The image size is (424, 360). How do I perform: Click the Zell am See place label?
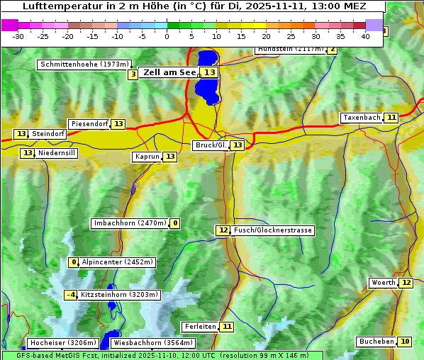[169, 72]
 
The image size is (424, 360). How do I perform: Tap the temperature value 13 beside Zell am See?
[210, 72]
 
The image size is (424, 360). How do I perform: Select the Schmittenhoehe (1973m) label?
[84, 64]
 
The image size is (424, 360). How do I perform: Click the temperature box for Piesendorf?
[118, 124]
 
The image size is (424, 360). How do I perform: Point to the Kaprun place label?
[147, 157]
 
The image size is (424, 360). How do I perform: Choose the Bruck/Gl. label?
[211, 145]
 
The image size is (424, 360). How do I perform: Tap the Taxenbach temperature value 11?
[391, 117]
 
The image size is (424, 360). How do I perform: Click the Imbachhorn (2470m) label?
[130, 223]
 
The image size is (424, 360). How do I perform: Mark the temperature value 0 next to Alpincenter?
[73, 262]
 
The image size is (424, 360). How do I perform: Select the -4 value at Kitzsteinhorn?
[70, 295]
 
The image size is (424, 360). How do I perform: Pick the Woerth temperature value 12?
[406, 283]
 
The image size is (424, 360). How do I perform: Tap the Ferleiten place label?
[199, 327]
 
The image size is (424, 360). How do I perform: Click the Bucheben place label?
[376, 342]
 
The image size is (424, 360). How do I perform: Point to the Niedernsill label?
[57, 153]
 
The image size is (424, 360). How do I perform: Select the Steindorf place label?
[48, 134]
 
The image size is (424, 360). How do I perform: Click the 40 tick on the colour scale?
[365, 35]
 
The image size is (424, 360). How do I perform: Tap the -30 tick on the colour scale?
[18, 35]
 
